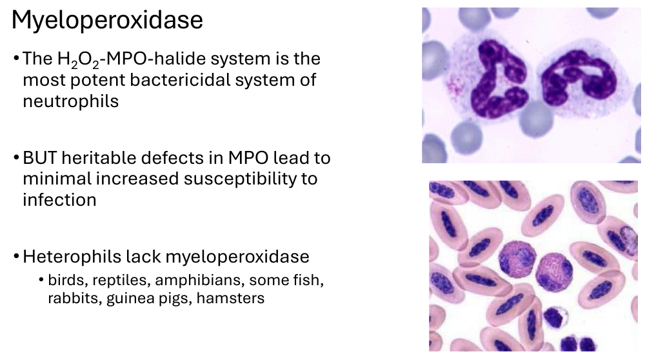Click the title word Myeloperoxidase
pyautogui.click(x=107, y=21)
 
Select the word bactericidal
pyautogui.click(x=180, y=80)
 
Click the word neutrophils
pyautogui.click(x=70, y=101)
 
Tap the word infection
pyautogui.click(x=59, y=200)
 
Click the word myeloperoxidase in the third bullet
pyautogui.click(x=237, y=257)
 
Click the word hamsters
pyautogui.click(x=230, y=298)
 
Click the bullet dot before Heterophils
pyautogui.click(x=16, y=257)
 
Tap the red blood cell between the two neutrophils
pyautogui.click(x=535, y=118)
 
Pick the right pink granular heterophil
pyautogui.click(x=554, y=272)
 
